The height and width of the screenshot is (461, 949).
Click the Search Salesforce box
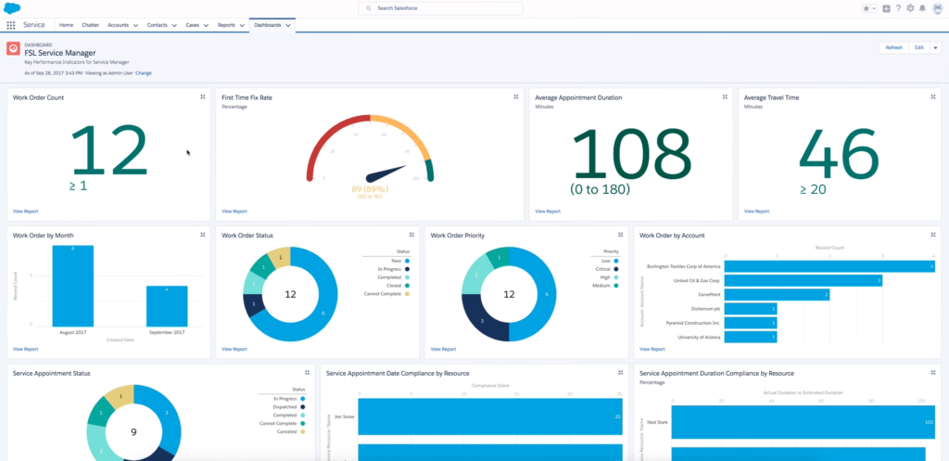[x=440, y=8]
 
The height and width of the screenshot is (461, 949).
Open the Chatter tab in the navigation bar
[x=91, y=25]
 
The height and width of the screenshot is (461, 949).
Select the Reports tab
[x=226, y=25]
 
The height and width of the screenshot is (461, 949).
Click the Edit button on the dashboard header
[x=918, y=47]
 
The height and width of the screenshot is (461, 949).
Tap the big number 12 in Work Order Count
[x=108, y=151]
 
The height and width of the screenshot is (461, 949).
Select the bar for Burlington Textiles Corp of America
[x=829, y=266]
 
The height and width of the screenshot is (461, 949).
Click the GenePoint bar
[x=777, y=295]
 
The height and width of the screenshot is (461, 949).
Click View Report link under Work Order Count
[x=25, y=211]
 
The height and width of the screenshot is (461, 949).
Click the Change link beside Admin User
[x=144, y=72]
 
